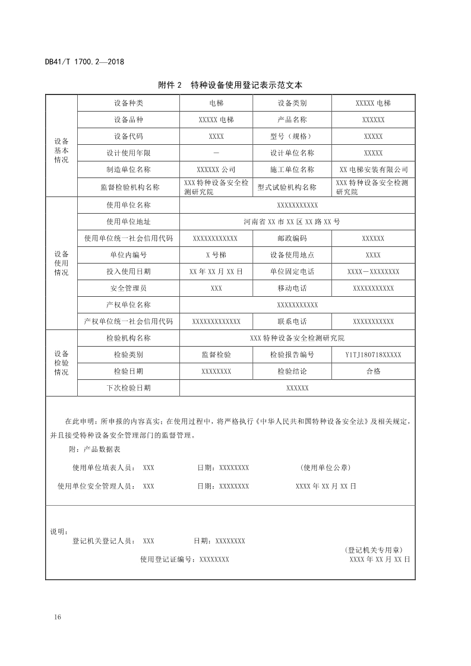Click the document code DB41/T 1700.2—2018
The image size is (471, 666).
(x=84, y=62)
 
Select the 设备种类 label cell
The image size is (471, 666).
(x=128, y=103)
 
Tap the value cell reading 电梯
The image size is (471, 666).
(x=216, y=103)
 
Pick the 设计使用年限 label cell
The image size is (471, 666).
(x=128, y=153)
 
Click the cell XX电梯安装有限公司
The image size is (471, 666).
(x=374, y=169)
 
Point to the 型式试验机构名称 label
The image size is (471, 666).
(x=287, y=188)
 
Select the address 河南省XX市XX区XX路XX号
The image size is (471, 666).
(x=292, y=221)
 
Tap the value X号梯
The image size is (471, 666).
(x=216, y=255)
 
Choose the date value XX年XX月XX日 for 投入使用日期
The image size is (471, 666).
(x=216, y=271)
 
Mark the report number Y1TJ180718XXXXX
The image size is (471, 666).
(x=374, y=354)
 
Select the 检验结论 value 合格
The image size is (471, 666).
(x=374, y=371)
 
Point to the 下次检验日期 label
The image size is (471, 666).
(x=128, y=388)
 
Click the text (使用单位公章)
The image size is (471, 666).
(x=330, y=467)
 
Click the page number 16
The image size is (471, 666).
(x=57, y=617)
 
